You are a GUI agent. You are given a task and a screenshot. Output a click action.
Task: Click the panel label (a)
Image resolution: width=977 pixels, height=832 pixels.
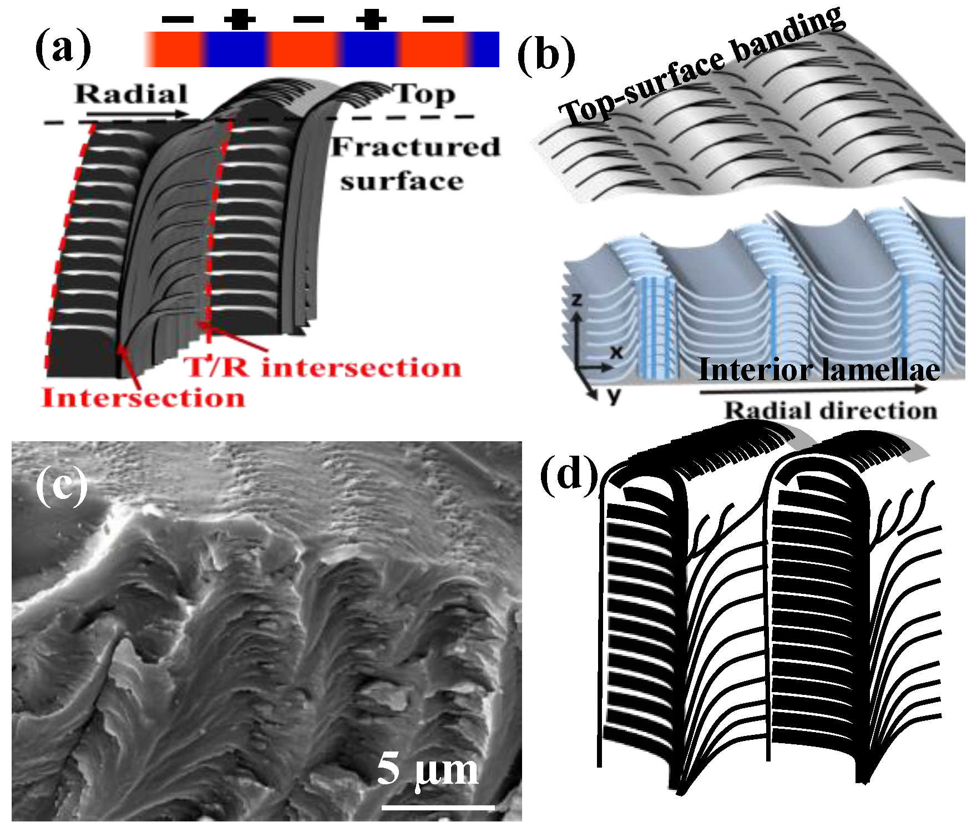click(63, 48)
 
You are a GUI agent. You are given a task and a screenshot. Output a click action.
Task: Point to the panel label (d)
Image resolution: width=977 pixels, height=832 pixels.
click(569, 475)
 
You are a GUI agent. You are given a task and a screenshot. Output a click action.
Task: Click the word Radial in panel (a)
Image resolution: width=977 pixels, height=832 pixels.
click(131, 94)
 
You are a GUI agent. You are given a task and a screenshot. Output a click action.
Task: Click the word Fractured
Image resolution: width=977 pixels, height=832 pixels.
click(416, 148)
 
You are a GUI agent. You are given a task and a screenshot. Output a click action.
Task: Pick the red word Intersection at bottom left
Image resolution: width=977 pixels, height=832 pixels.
click(143, 398)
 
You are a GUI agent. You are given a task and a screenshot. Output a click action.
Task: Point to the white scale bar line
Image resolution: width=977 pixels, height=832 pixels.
click(438, 806)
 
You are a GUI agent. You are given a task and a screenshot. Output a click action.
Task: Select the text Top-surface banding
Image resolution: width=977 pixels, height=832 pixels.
click(702, 67)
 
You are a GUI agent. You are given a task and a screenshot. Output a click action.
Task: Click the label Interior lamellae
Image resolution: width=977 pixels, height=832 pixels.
click(819, 370)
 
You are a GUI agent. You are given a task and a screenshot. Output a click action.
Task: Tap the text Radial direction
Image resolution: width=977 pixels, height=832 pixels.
click(831, 411)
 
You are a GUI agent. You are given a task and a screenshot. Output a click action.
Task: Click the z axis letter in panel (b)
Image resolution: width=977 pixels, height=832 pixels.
click(577, 300)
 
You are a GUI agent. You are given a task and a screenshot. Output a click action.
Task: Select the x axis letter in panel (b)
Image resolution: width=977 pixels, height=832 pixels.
click(616, 351)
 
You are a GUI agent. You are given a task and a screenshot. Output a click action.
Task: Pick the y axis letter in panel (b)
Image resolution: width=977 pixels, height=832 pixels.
click(613, 395)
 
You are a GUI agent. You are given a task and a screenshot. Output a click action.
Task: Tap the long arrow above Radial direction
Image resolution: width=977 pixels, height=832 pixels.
click(813, 390)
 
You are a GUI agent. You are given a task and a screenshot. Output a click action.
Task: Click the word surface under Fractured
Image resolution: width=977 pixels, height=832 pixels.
click(402, 181)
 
